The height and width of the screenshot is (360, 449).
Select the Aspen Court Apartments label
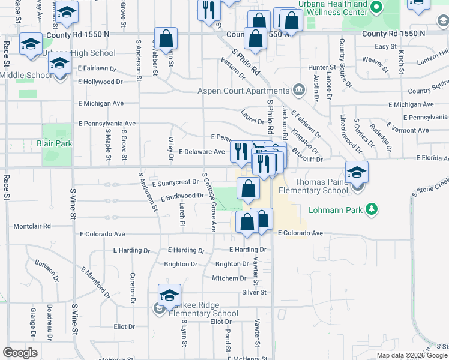[x=244, y=91]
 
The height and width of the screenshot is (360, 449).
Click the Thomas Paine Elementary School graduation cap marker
[x=357, y=172]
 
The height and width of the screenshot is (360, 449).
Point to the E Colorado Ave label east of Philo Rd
[x=300, y=233]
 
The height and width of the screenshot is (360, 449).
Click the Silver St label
[x=254, y=292]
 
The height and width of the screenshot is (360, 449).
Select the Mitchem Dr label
[x=229, y=278]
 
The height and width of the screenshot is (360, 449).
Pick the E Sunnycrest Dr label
[x=175, y=182]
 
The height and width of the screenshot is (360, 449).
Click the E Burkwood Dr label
[x=182, y=196]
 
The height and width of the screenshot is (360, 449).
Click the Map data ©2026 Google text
[x=412, y=355]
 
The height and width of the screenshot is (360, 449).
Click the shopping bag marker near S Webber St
[x=166, y=39]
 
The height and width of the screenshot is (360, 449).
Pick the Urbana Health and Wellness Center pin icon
[x=376, y=8]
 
